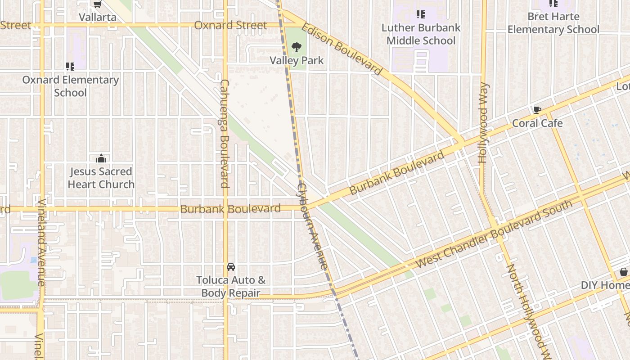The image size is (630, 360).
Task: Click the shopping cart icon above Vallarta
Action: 97,4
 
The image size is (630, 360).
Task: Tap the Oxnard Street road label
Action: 230,25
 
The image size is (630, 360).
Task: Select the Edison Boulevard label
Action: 342,49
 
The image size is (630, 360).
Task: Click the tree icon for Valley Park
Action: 296,47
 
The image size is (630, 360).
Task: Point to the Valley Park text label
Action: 297,60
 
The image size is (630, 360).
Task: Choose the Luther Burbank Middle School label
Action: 421,34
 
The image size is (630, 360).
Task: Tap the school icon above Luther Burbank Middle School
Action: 421,14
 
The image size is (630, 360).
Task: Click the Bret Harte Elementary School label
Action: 553,23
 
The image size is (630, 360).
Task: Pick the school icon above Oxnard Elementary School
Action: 70,67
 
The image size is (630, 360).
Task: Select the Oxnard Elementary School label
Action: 71,86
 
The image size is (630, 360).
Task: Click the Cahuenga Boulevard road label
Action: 225,134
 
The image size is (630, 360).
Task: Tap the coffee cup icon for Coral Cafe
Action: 537,110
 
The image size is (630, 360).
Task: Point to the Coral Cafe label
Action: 537,123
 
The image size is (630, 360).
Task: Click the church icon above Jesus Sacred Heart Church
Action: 101,158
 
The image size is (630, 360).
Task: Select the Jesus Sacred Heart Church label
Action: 101,178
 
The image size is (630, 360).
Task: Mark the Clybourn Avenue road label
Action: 312,226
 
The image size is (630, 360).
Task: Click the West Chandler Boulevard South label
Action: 494,234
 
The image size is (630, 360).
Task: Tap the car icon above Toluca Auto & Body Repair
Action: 231,267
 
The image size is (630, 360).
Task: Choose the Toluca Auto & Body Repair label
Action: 231,287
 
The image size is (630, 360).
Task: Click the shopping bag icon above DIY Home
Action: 624,272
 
